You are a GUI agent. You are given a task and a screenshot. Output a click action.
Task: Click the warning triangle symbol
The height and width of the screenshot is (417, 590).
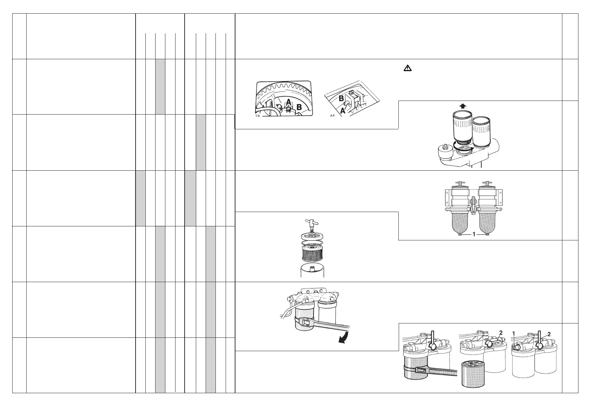[x=407, y=69]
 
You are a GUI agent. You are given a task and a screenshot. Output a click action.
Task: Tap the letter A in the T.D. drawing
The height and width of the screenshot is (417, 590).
[x=288, y=102]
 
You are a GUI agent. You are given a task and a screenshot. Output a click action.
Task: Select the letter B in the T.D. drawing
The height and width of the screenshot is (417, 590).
[x=299, y=108]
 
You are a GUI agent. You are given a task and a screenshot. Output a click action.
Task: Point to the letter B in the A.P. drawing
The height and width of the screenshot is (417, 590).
[x=341, y=99]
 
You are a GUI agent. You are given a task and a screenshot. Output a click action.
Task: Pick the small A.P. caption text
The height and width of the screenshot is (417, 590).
[x=333, y=115]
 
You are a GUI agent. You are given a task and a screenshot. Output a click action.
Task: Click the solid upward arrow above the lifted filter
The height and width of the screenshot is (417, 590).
[x=463, y=105]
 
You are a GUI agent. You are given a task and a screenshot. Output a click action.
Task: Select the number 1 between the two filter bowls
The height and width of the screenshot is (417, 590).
[x=474, y=234]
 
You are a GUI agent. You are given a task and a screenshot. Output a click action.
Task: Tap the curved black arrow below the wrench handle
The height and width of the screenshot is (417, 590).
[x=345, y=339]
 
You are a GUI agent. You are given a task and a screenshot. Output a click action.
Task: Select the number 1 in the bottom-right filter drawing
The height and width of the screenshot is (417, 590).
[x=514, y=333]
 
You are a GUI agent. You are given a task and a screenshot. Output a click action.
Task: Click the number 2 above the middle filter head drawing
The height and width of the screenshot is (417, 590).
[x=501, y=333]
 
